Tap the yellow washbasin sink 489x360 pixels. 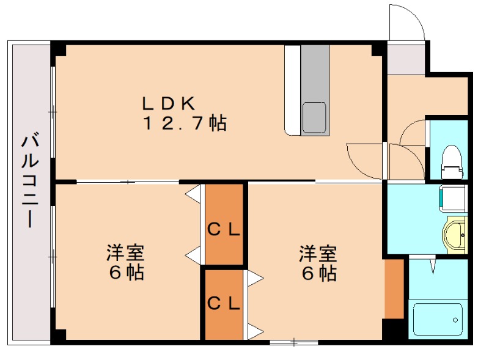pos(455,233)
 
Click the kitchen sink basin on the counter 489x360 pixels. pos(315,116)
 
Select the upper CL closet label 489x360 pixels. pos(224,230)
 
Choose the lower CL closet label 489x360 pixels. pos(224,303)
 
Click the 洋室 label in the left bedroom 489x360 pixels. pos(125,252)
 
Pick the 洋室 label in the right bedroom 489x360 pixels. pos(318,252)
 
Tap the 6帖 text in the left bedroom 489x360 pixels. pos(125,273)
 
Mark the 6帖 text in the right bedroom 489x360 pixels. pos(318,273)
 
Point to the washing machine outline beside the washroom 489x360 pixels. pos(450,197)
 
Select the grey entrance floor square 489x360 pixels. pos(406,58)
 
